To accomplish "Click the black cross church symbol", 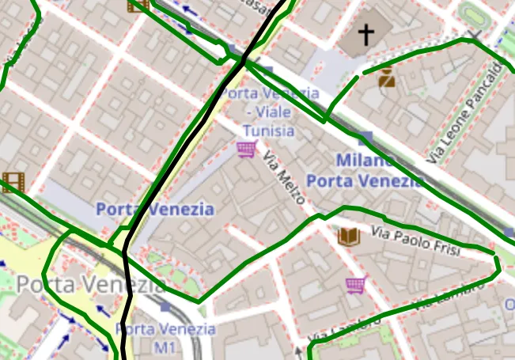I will [365, 34].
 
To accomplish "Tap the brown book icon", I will [348, 236].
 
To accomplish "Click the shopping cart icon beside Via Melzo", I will [247, 149].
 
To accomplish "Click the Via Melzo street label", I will [284, 179].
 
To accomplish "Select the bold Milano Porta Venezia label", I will [365, 171].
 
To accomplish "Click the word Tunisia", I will [269, 131].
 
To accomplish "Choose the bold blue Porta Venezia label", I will [154, 210].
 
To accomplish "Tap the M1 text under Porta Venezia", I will [165, 347].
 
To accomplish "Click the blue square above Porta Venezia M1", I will [165, 305].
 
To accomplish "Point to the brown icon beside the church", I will [387, 78].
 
